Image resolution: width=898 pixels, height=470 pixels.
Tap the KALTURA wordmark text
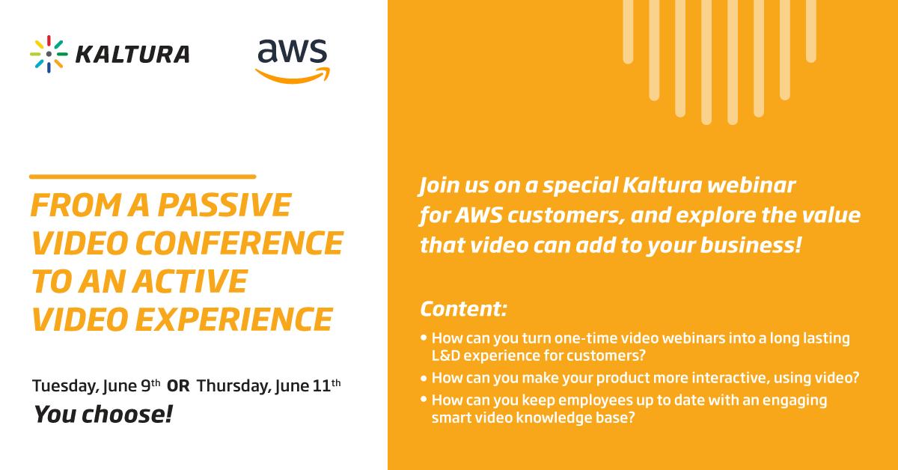click(132, 55)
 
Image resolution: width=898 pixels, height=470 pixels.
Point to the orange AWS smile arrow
click(293, 75)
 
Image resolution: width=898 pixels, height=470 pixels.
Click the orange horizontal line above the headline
click(142, 177)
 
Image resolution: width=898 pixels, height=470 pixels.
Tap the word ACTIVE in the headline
click(193, 281)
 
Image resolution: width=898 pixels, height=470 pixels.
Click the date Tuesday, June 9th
click(96, 387)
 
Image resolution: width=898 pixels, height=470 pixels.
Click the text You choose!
click(103, 414)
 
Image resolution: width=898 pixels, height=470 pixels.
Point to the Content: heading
click(464, 308)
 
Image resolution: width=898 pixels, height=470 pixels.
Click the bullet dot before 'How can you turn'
click(425, 339)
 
